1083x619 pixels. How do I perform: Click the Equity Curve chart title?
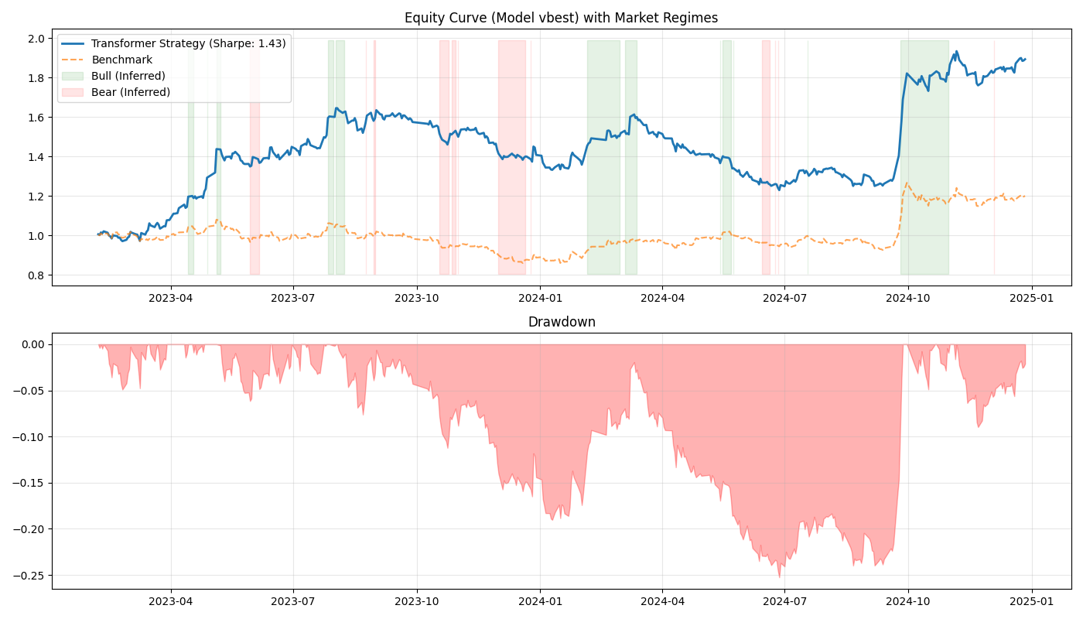[x=562, y=18]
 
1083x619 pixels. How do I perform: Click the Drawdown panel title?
[x=562, y=322]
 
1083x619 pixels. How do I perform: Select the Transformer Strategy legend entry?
[x=188, y=44]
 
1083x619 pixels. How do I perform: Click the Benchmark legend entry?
[x=121, y=60]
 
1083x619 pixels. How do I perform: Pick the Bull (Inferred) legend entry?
[x=128, y=76]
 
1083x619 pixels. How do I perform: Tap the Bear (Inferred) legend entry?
[x=130, y=92]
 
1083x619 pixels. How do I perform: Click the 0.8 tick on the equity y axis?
[x=37, y=275]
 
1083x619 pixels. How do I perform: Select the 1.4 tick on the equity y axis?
[x=37, y=157]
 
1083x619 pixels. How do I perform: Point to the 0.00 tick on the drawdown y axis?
[x=32, y=344]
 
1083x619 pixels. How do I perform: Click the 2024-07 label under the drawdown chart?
[x=784, y=600]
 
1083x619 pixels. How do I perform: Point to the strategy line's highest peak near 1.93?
[x=956, y=52]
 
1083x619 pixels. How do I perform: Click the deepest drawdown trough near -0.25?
[x=779, y=576]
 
